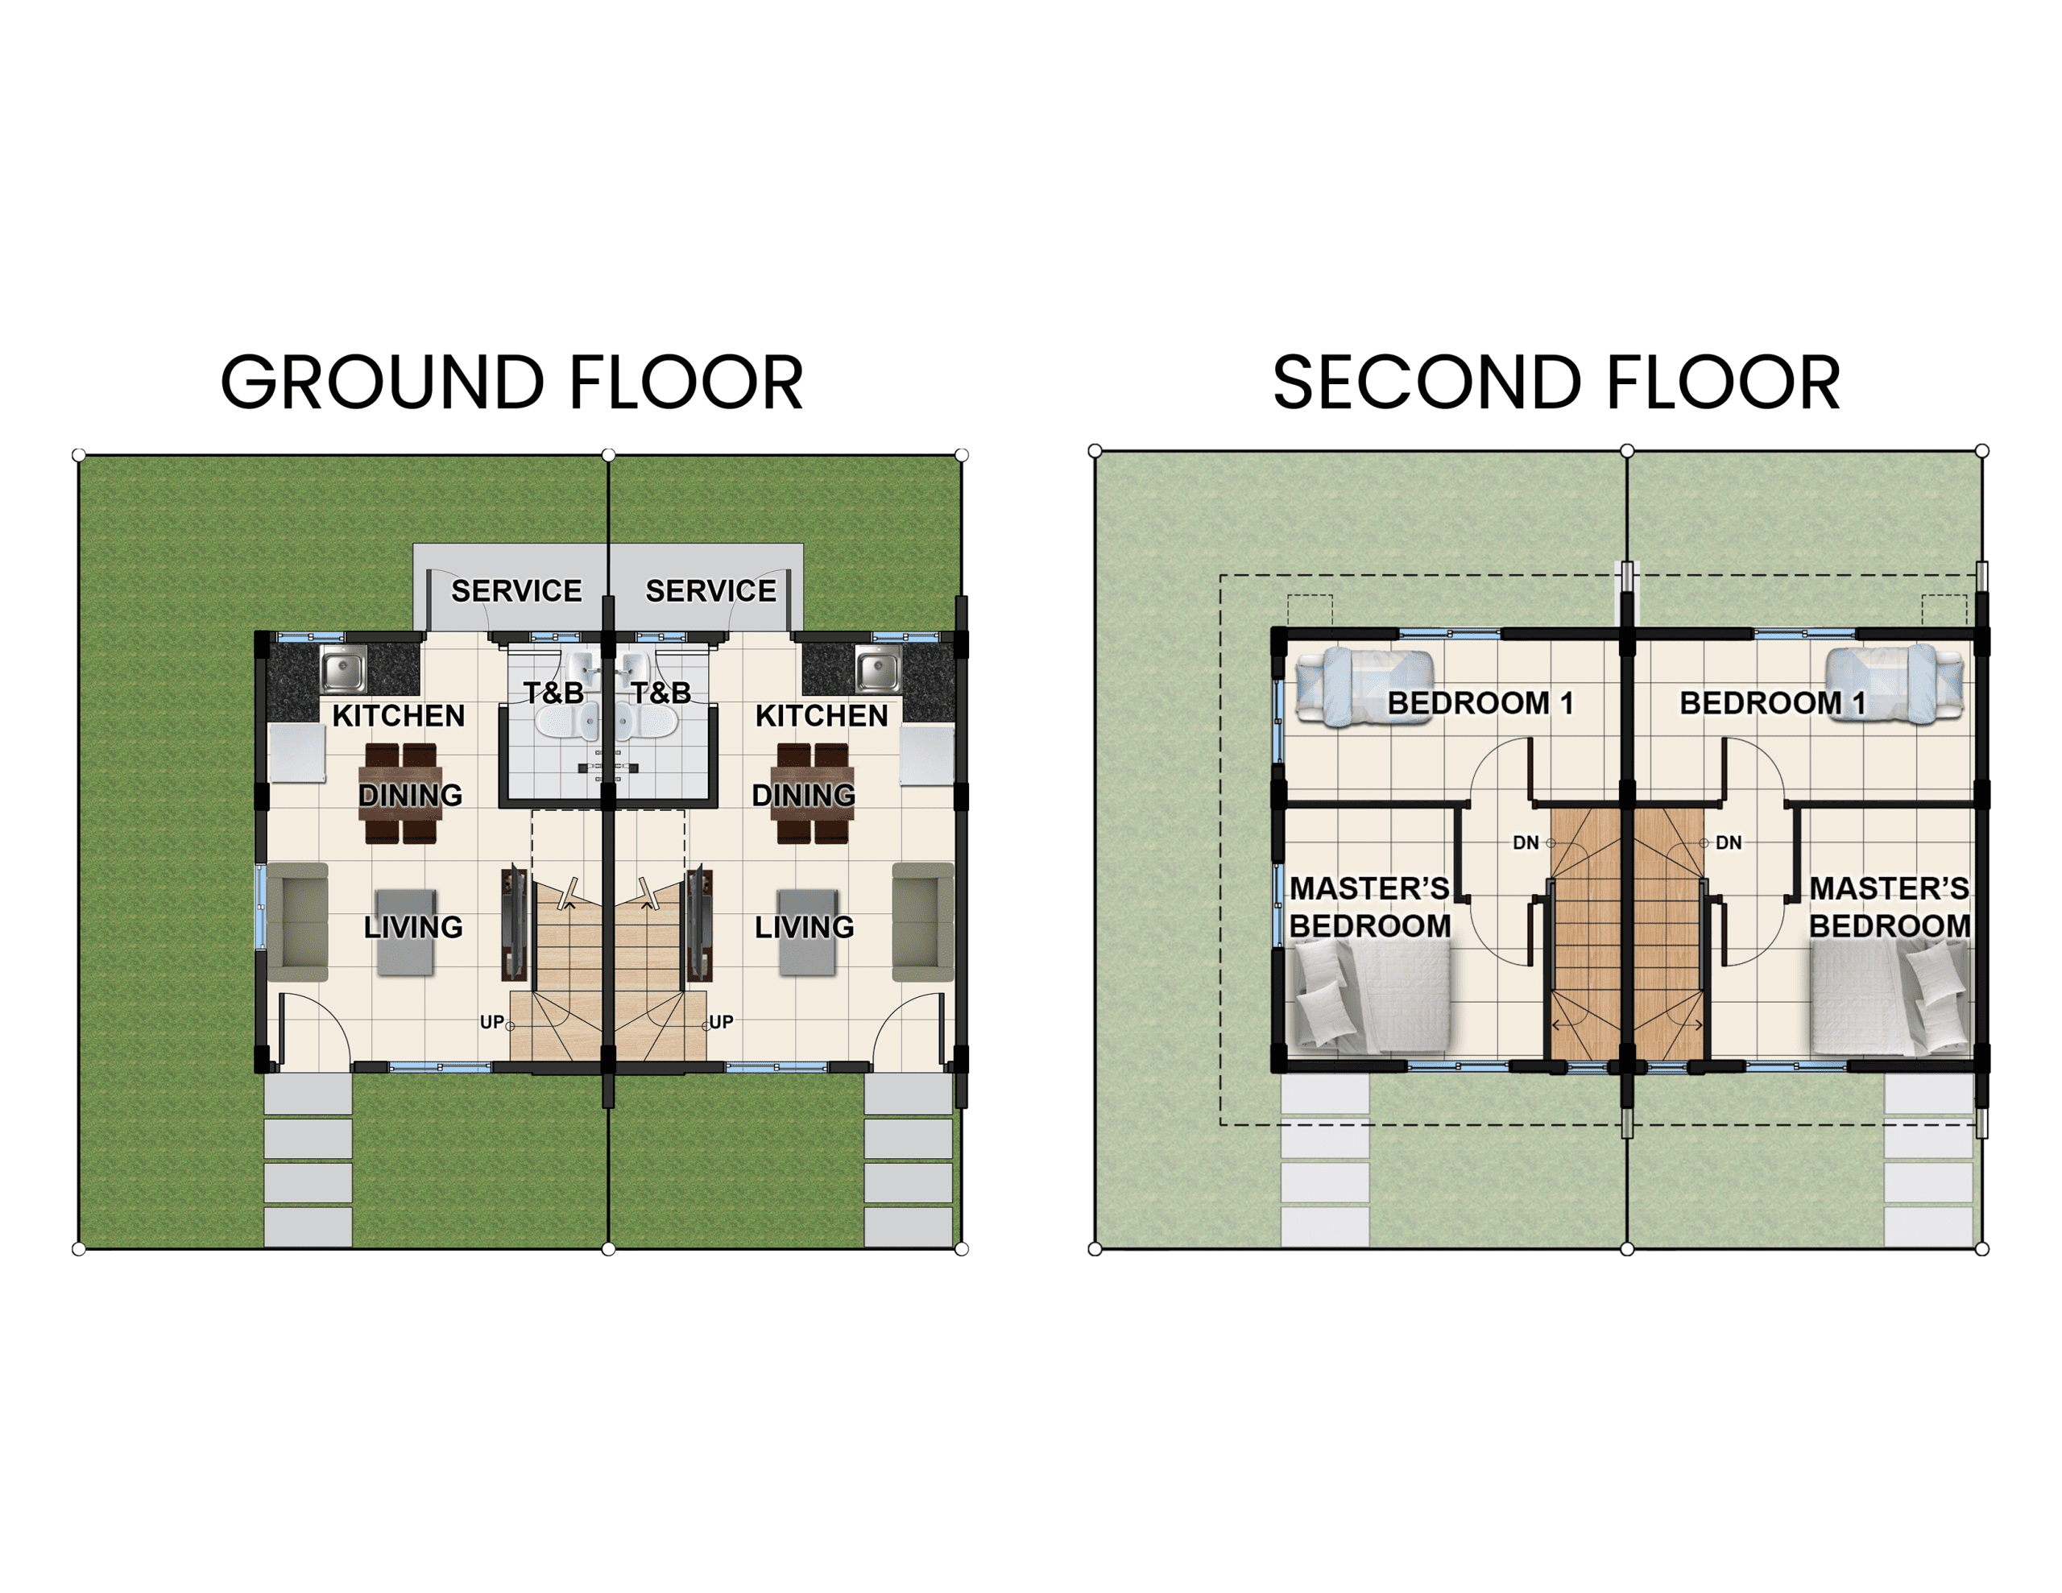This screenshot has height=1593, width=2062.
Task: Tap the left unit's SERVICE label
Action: click(516, 591)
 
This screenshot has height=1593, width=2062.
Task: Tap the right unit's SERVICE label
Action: click(711, 591)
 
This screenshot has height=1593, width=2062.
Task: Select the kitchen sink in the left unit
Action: click(344, 670)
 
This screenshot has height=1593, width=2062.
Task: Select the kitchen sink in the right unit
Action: click(878, 670)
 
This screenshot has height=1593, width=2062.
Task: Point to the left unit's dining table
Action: click(400, 793)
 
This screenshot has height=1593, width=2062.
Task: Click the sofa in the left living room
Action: click(298, 921)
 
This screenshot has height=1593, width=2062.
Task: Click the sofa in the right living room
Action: click(922, 921)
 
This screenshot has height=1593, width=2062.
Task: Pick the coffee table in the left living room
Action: click(406, 932)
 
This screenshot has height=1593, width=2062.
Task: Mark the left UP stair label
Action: click(492, 1022)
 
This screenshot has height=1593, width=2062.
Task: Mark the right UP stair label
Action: click(722, 1022)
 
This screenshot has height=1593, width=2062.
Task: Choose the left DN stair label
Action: click(1526, 842)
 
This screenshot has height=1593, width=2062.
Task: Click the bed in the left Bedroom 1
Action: click(1365, 686)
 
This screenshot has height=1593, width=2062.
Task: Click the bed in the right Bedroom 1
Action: click(1894, 685)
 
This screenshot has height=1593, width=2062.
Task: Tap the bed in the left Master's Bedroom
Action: click(1367, 997)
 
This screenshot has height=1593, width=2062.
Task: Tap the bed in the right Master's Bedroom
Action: click(1891, 997)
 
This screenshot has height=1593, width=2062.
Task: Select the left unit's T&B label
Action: click(554, 693)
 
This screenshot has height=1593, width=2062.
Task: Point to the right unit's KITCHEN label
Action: click(822, 716)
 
